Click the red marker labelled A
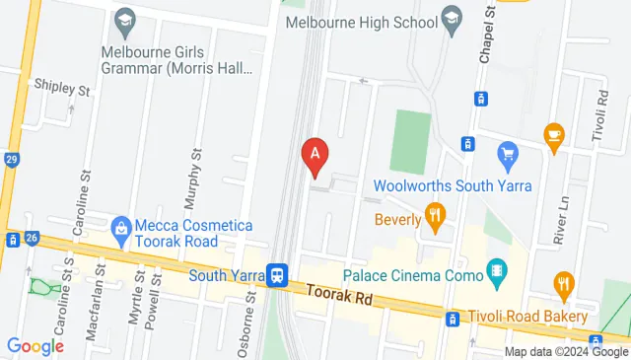(x=315, y=154)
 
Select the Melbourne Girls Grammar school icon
(x=125, y=20)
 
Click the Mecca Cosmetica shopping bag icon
(x=121, y=228)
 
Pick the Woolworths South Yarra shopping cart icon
(x=509, y=153)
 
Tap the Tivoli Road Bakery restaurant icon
(x=563, y=288)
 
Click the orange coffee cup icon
(x=553, y=133)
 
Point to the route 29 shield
(x=10, y=160)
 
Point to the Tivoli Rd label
(x=600, y=117)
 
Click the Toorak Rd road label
(x=342, y=295)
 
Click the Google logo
(x=35, y=345)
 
